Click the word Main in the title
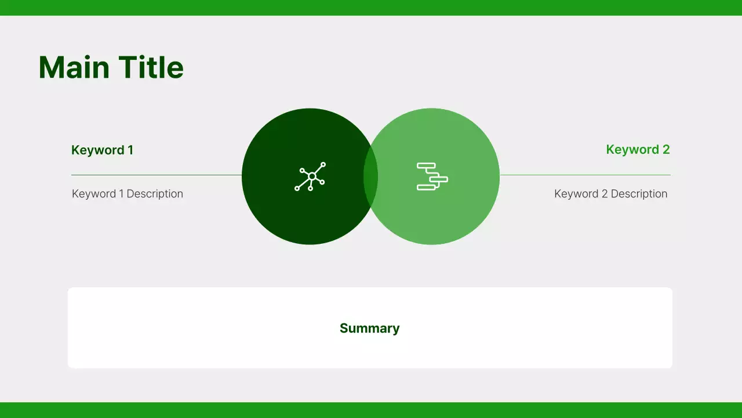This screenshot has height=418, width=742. click(x=74, y=67)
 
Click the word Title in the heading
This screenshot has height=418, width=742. click(x=151, y=67)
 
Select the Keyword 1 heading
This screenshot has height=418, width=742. click(x=102, y=150)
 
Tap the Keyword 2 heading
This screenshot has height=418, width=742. click(x=638, y=150)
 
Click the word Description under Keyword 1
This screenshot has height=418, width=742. click(x=155, y=194)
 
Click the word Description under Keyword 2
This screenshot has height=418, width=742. click(x=639, y=194)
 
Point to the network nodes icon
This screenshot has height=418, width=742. click(x=310, y=176)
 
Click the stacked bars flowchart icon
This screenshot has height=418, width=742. click(x=432, y=176)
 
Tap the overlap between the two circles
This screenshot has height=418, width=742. click(x=371, y=176)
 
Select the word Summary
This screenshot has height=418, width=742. click(x=369, y=329)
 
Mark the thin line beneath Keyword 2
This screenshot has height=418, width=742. click(x=585, y=175)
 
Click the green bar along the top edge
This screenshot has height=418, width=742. click(x=371, y=8)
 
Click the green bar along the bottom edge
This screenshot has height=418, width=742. click(x=371, y=410)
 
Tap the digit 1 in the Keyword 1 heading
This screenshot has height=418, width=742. click(x=130, y=150)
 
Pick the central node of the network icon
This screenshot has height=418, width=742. click(x=312, y=176)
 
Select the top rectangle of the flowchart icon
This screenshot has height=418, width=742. click(x=426, y=166)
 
